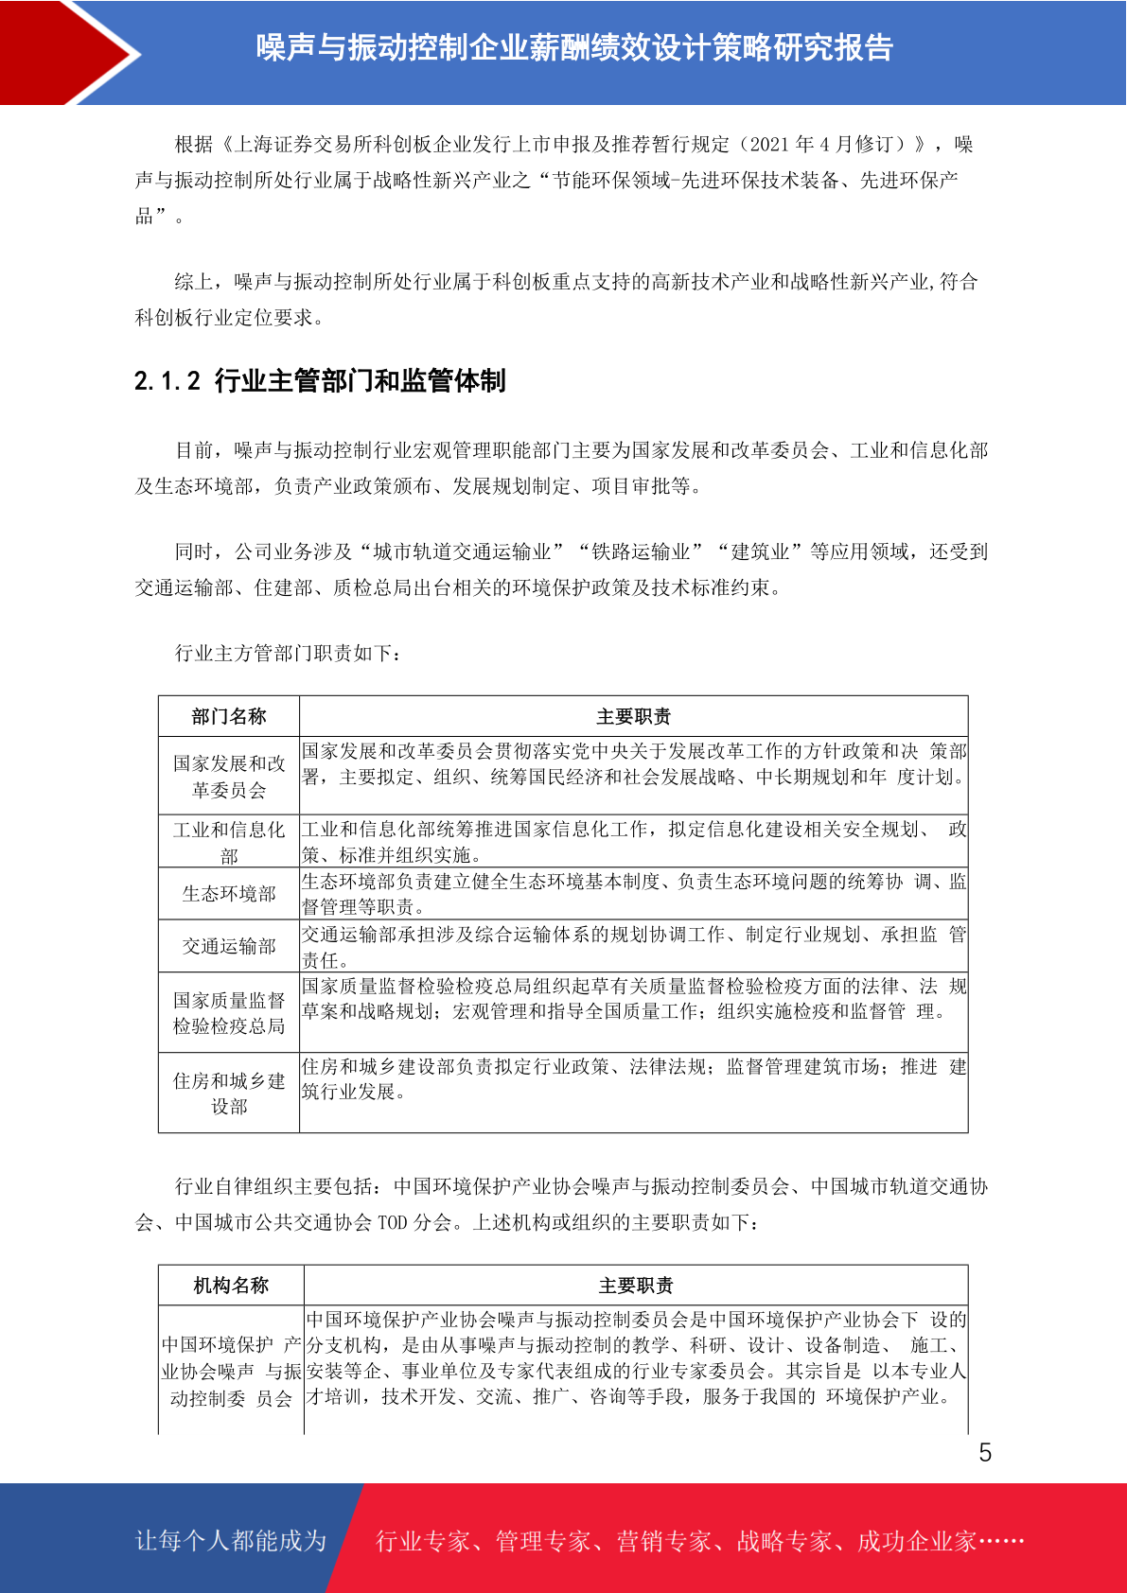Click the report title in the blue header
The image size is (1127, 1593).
tap(574, 47)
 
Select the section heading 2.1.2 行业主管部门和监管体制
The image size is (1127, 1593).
tap(320, 381)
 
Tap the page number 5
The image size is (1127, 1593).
tap(985, 1453)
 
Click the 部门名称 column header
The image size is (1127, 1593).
tap(229, 716)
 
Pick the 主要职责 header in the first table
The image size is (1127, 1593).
tap(633, 716)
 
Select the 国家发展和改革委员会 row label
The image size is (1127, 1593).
tap(229, 776)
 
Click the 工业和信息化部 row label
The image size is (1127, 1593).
tap(229, 842)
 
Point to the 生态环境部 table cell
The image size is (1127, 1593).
tap(229, 894)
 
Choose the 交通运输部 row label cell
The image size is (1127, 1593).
tap(229, 946)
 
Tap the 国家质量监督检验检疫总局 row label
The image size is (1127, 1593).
tap(229, 1012)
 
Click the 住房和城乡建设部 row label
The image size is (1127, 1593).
tap(229, 1093)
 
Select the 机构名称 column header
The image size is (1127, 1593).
tap(231, 1285)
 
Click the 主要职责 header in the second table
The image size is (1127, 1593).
tap(636, 1285)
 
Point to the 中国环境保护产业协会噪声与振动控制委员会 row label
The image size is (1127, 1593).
tap(231, 1371)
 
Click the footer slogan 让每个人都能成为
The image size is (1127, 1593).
tap(231, 1540)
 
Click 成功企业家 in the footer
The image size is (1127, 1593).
tap(916, 1541)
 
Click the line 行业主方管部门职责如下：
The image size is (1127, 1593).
tap(289, 653)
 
